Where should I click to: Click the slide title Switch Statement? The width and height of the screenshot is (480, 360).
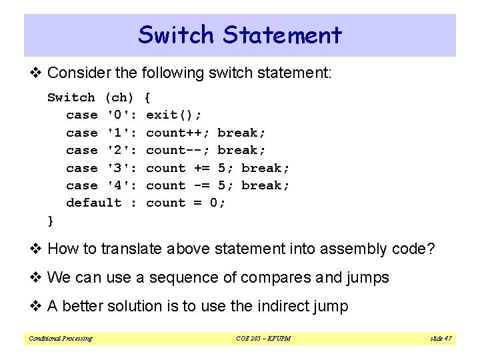(240, 35)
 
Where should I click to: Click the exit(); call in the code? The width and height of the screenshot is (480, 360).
(173, 115)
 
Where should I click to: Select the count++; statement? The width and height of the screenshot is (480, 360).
(177, 133)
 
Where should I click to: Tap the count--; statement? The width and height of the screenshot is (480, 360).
(177, 150)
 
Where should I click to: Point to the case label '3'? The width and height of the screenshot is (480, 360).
(122, 168)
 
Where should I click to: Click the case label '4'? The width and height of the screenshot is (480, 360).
(122, 185)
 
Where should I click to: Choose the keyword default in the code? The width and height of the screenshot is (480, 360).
(94, 203)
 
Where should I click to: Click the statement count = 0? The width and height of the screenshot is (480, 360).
(186, 203)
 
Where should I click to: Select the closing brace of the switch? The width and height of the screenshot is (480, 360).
(51, 220)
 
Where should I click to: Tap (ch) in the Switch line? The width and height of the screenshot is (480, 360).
(120, 98)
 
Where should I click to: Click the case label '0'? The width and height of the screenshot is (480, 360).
(122, 115)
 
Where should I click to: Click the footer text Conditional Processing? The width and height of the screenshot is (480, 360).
(61, 339)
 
